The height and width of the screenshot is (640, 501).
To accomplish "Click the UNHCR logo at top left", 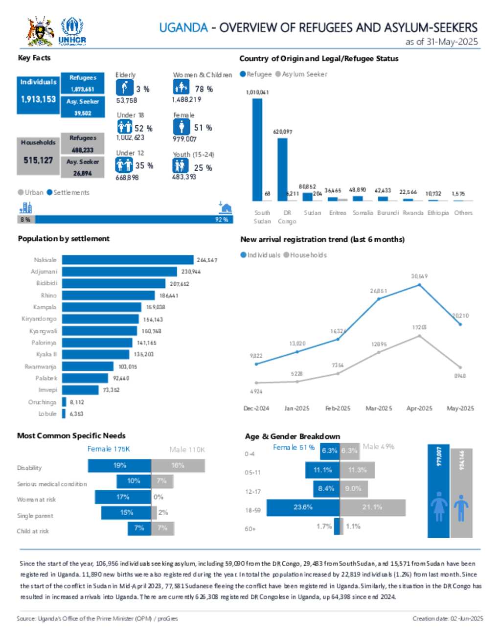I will (72, 31).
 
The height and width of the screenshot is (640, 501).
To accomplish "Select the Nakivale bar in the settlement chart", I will (127, 260).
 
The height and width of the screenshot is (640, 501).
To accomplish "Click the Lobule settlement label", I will (47, 414).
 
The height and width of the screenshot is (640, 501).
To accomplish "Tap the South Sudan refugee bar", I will (257, 149).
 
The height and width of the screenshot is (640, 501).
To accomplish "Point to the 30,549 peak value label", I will (419, 276).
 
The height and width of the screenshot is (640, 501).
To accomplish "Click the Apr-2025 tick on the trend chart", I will (419, 408).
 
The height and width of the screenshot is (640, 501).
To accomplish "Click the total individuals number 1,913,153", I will (38, 99).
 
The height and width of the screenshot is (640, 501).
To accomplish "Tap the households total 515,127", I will (38, 160).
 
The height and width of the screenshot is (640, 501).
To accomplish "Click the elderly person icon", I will (124, 88).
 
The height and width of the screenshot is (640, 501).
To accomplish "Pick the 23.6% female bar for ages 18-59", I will (303, 507).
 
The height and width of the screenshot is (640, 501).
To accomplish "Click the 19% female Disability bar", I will (119, 465).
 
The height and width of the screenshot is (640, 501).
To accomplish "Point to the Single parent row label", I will (35, 516).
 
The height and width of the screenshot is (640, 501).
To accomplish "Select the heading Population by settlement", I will (64, 239).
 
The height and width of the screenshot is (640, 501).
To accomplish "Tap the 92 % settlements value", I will (222, 220).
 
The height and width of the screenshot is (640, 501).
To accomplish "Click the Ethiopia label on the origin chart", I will (438, 213).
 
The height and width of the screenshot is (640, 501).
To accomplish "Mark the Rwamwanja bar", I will (88, 366).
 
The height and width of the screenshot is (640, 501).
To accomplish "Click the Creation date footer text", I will (447, 618).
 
